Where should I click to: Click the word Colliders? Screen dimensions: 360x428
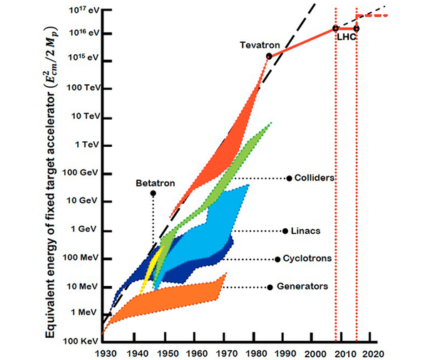click(x=315, y=178)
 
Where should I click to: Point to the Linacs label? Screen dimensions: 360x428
click(x=305, y=231)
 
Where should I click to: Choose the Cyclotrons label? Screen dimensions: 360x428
click(x=307, y=259)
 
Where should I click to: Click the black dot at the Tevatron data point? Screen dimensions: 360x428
click(x=269, y=56)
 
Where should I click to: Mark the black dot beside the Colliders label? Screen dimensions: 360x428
click(x=289, y=178)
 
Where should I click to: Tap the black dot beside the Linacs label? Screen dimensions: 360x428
click(x=285, y=231)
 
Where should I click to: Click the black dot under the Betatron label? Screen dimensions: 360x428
click(x=153, y=193)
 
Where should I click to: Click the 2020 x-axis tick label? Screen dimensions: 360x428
click(x=374, y=351)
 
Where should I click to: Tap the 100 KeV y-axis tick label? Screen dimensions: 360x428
click(x=78, y=341)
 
